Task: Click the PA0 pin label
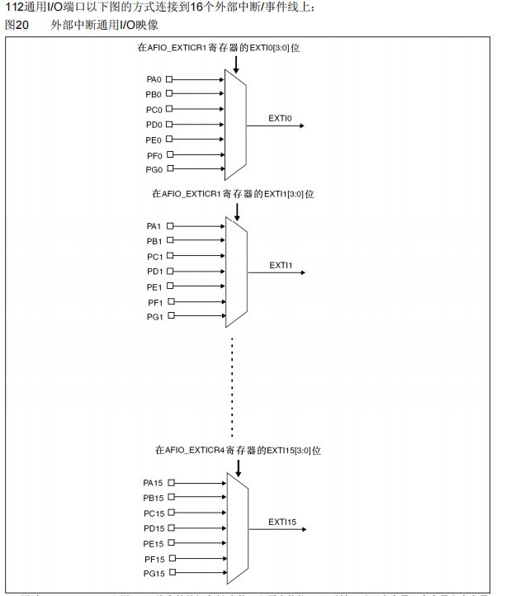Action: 154,79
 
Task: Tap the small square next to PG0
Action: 170,169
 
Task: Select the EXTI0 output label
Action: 281,118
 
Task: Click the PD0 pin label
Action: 154,125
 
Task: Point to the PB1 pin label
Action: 154,241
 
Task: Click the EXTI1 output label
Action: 281,265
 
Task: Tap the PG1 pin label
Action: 154,317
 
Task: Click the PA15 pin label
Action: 154,483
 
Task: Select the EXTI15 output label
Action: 282,522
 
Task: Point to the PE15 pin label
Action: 154,543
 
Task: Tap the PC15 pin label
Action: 154,513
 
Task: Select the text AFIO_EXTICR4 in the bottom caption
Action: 194,451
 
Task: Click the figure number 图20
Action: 17,26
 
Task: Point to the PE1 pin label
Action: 154,287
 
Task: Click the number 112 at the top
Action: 13,7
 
